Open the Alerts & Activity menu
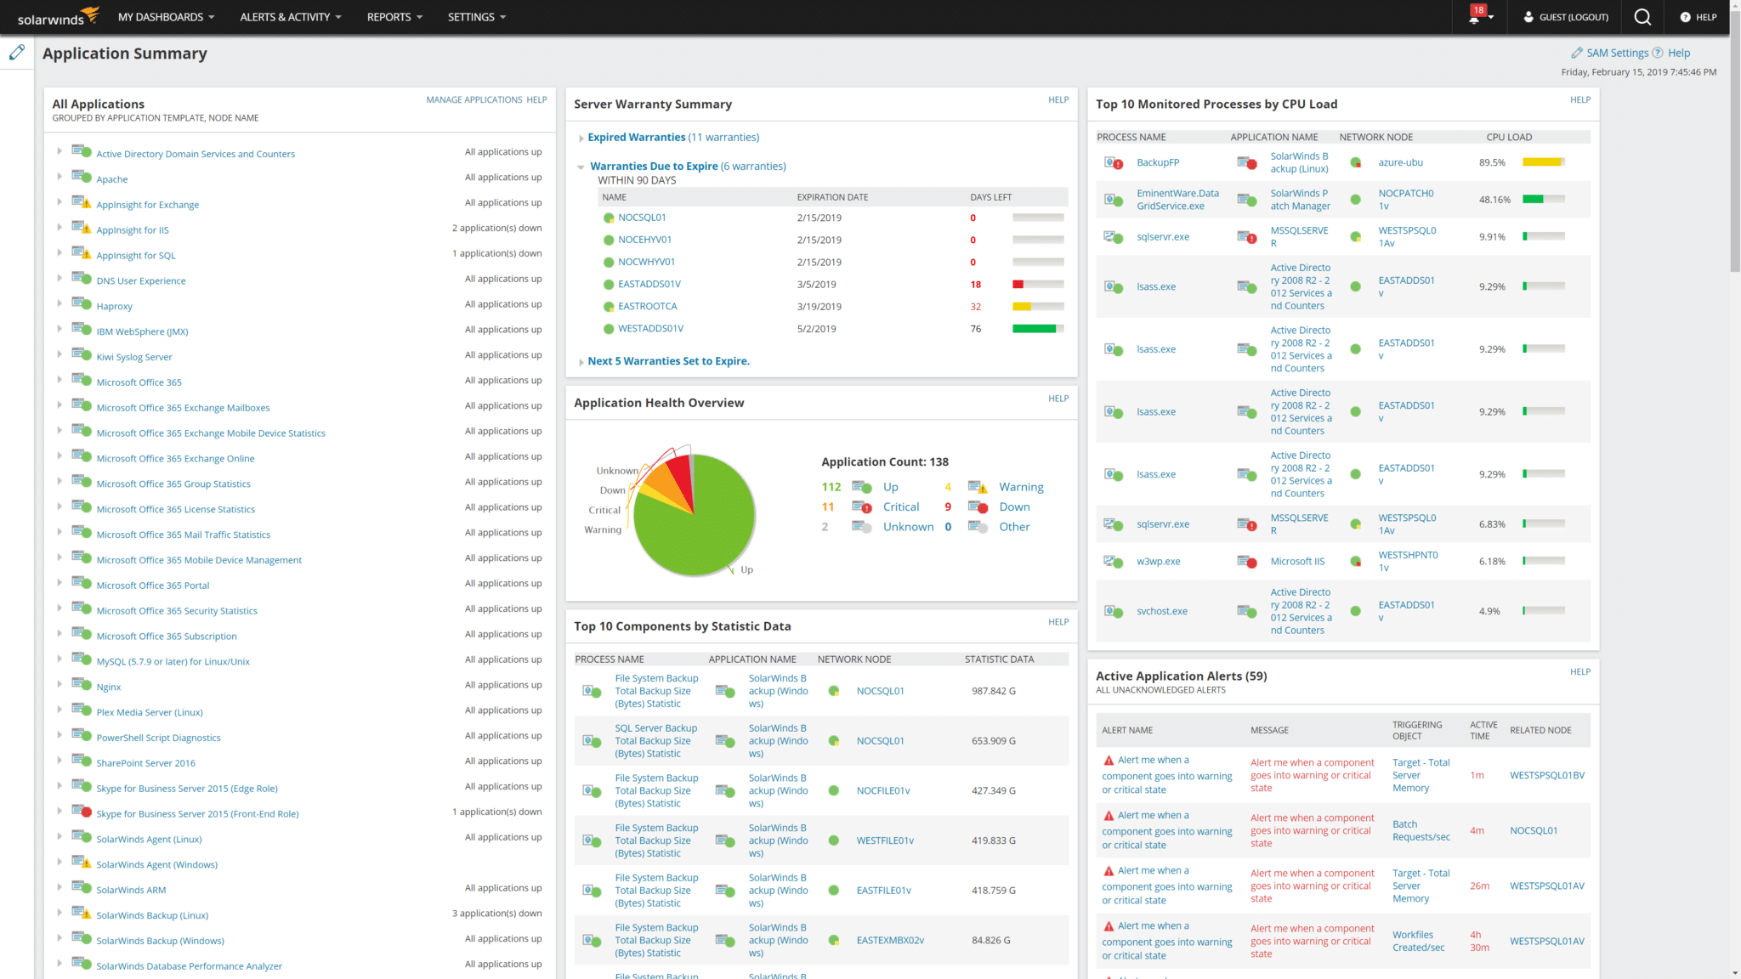(x=290, y=17)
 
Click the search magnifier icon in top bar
(x=1642, y=17)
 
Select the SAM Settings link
(x=1617, y=53)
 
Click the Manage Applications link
(x=474, y=99)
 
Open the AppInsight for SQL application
(x=136, y=256)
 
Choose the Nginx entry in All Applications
(x=109, y=688)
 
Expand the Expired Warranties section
(x=636, y=138)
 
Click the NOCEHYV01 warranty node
(x=644, y=241)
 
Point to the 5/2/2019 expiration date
(x=816, y=329)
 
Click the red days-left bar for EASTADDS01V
(x=1018, y=285)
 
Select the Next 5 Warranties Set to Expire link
(x=668, y=361)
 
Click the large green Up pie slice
(x=697, y=527)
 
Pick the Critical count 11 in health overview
(x=827, y=507)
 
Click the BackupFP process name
(x=1158, y=163)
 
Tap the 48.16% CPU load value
(x=1494, y=201)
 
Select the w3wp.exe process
(x=1158, y=562)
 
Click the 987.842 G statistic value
(x=993, y=692)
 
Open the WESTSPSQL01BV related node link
(x=1546, y=776)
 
